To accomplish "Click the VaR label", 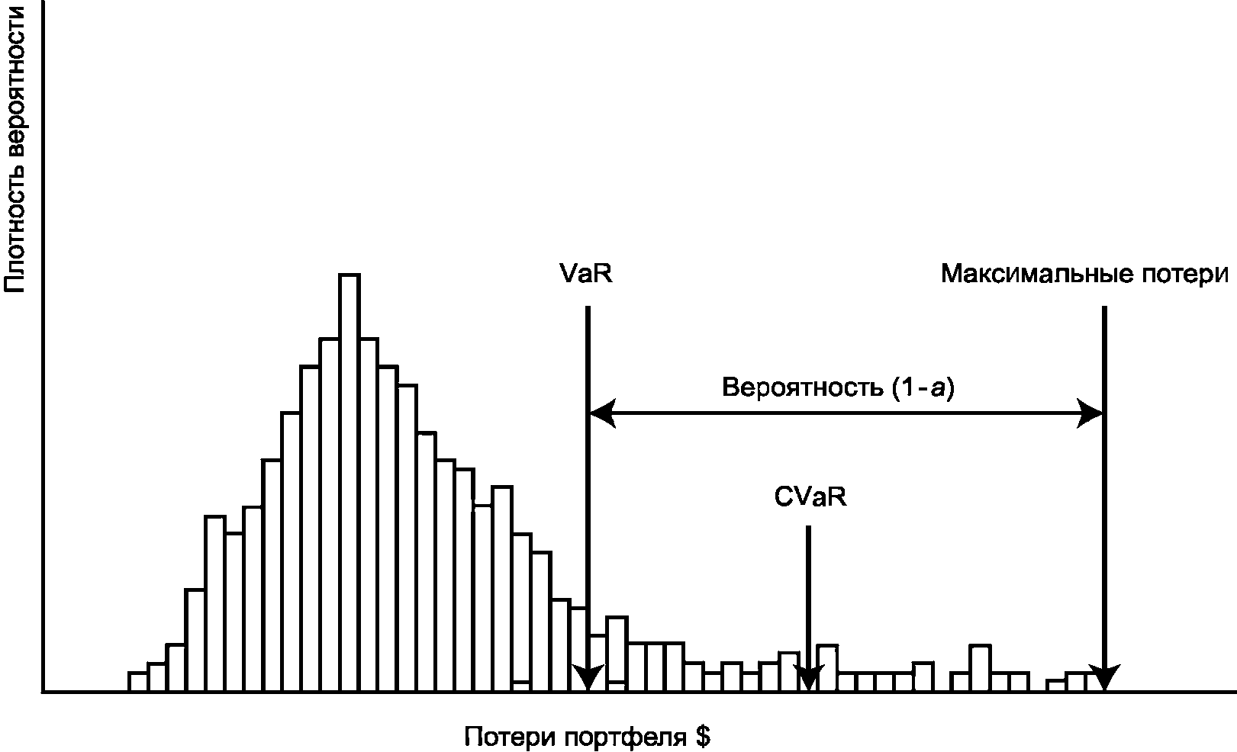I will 585,274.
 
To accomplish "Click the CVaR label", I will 810,497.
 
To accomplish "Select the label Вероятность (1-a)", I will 838,388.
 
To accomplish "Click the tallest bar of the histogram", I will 350,480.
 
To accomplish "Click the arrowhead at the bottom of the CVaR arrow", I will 809,678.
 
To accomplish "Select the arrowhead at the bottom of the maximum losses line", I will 1103,678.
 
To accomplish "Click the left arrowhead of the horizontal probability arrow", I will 601,414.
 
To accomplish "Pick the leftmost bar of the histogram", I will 137,682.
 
